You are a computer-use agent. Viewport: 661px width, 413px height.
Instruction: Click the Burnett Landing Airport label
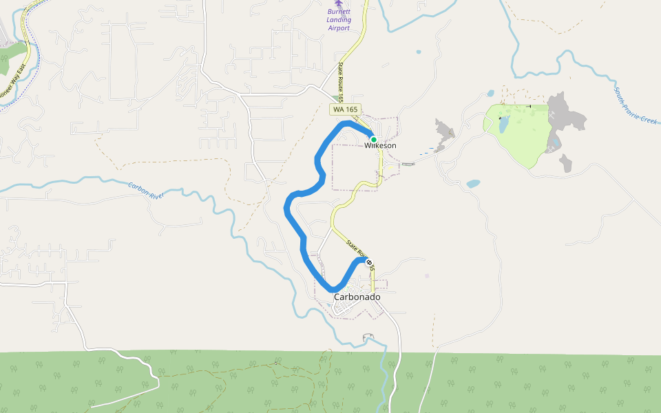tap(338, 20)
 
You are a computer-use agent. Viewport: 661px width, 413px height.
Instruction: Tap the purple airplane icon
tap(337, 3)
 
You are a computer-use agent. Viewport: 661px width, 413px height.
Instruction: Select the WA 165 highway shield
tap(345, 109)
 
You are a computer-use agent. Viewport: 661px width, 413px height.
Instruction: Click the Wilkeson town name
tap(381, 146)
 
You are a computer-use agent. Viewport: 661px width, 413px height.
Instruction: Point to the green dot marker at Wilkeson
tap(373, 139)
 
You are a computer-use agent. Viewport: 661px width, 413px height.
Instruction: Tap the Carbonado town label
tap(357, 297)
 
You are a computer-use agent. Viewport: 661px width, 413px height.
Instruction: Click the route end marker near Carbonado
tap(370, 262)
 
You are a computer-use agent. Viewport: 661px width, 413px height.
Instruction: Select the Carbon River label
tap(146, 191)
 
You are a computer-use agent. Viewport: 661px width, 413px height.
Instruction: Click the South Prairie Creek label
tap(637, 105)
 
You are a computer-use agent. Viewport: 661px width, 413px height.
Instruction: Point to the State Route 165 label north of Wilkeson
tap(340, 81)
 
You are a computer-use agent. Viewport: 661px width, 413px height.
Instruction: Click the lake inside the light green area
tap(503, 124)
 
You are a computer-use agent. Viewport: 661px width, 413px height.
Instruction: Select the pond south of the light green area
tap(473, 184)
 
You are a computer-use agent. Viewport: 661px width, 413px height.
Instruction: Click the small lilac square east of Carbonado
tap(427, 276)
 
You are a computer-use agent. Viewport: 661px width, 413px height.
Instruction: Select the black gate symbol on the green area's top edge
tap(529, 106)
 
